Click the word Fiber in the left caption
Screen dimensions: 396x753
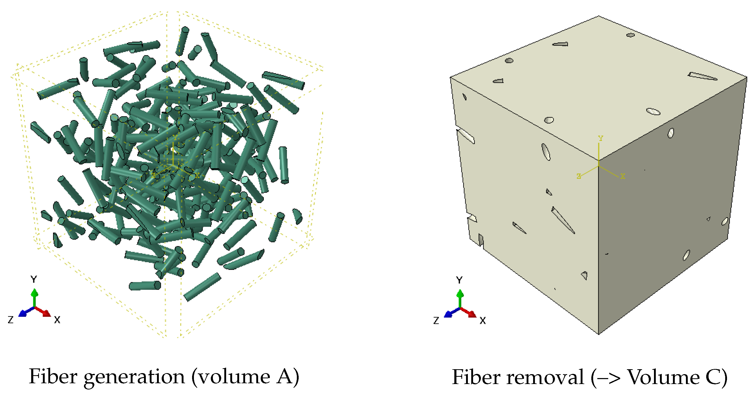(x=53, y=376)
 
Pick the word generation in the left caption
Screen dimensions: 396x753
(x=134, y=377)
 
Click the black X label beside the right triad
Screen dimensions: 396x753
(x=483, y=321)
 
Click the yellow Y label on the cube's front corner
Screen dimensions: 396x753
(x=600, y=138)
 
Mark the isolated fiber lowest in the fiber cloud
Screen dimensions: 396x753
(x=202, y=287)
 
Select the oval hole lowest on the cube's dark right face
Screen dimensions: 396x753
(x=686, y=255)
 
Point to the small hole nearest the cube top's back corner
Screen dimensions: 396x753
(x=631, y=35)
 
